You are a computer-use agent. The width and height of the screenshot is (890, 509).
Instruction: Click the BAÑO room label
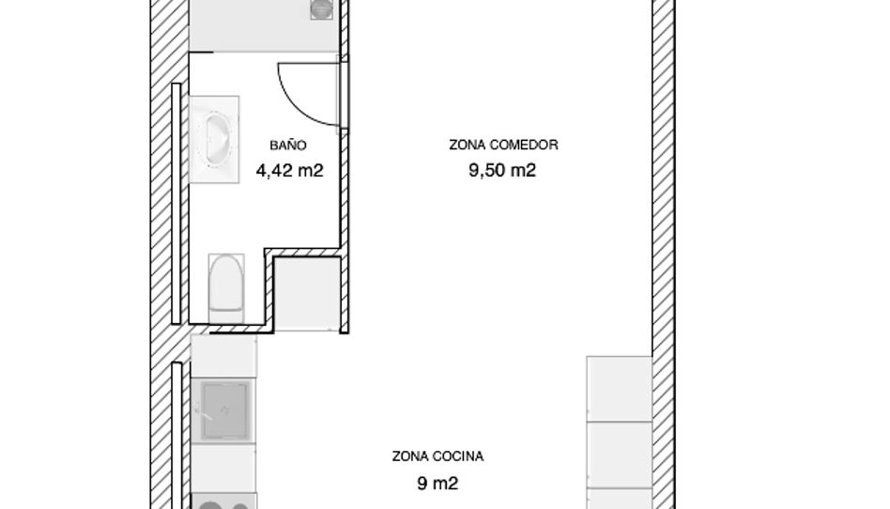(x=288, y=146)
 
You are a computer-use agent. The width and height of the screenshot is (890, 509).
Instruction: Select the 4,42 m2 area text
(x=289, y=170)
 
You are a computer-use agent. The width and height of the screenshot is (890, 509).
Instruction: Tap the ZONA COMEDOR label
(x=503, y=145)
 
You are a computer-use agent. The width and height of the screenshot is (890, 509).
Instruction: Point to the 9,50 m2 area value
(x=502, y=170)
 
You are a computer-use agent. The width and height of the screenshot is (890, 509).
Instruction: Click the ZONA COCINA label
(x=437, y=456)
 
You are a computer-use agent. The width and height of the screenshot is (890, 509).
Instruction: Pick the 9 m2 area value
(x=437, y=484)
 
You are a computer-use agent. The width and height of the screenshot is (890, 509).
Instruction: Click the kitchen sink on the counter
(x=225, y=410)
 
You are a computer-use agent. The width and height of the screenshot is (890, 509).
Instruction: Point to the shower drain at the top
(x=321, y=8)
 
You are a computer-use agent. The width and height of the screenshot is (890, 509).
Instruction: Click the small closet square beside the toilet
(x=307, y=294)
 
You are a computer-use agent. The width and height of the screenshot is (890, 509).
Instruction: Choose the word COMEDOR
(x=523, y=145)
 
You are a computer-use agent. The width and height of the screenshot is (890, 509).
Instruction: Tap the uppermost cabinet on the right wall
(x=620, y=389)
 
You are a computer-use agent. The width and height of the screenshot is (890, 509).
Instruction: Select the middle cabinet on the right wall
(x=620, y=455)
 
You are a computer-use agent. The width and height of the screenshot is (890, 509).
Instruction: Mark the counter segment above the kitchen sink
(x=223, y=356)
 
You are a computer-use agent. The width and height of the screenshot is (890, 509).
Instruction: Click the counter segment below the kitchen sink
(x=223, y=468)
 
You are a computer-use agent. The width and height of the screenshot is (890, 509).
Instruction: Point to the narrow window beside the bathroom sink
(x=176, y=204)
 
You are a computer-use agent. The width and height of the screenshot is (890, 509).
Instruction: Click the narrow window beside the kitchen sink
(x=176, y=436)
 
